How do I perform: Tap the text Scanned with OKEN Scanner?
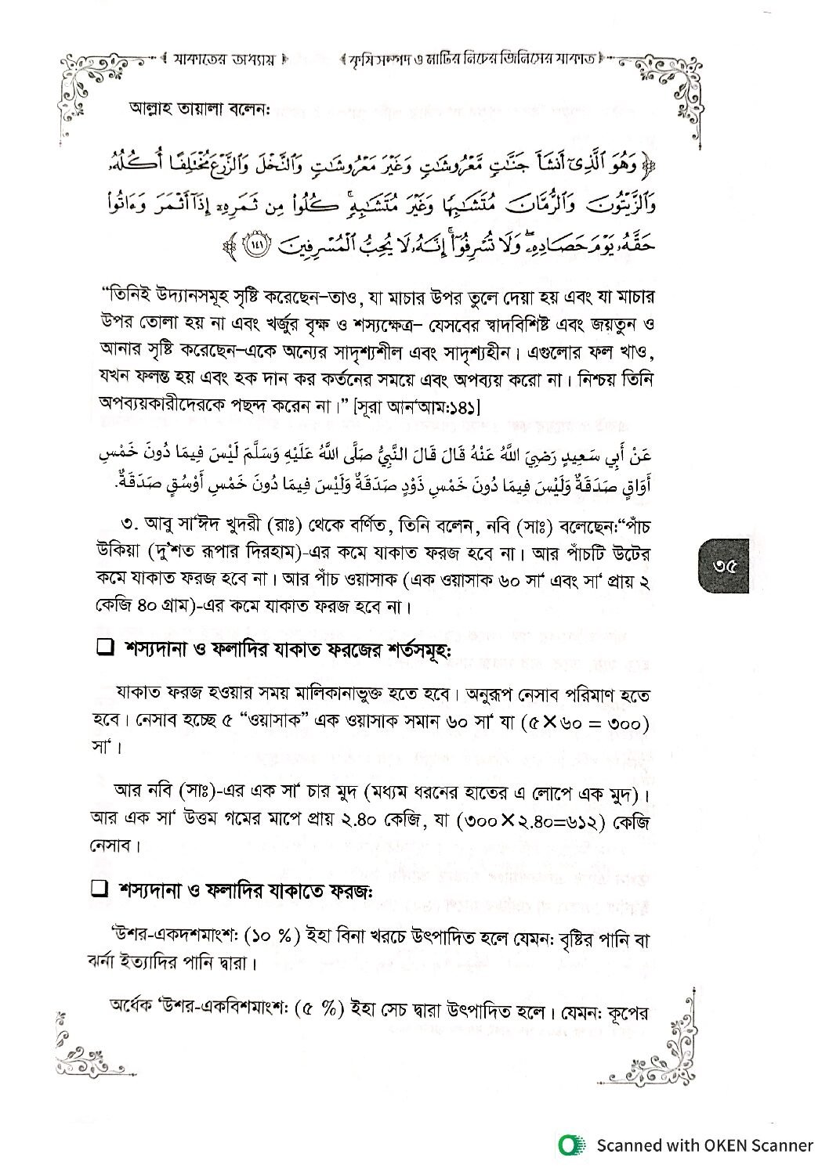tap(704, 1145)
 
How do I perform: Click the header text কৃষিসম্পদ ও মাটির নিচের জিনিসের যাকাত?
tap(475, 59)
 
